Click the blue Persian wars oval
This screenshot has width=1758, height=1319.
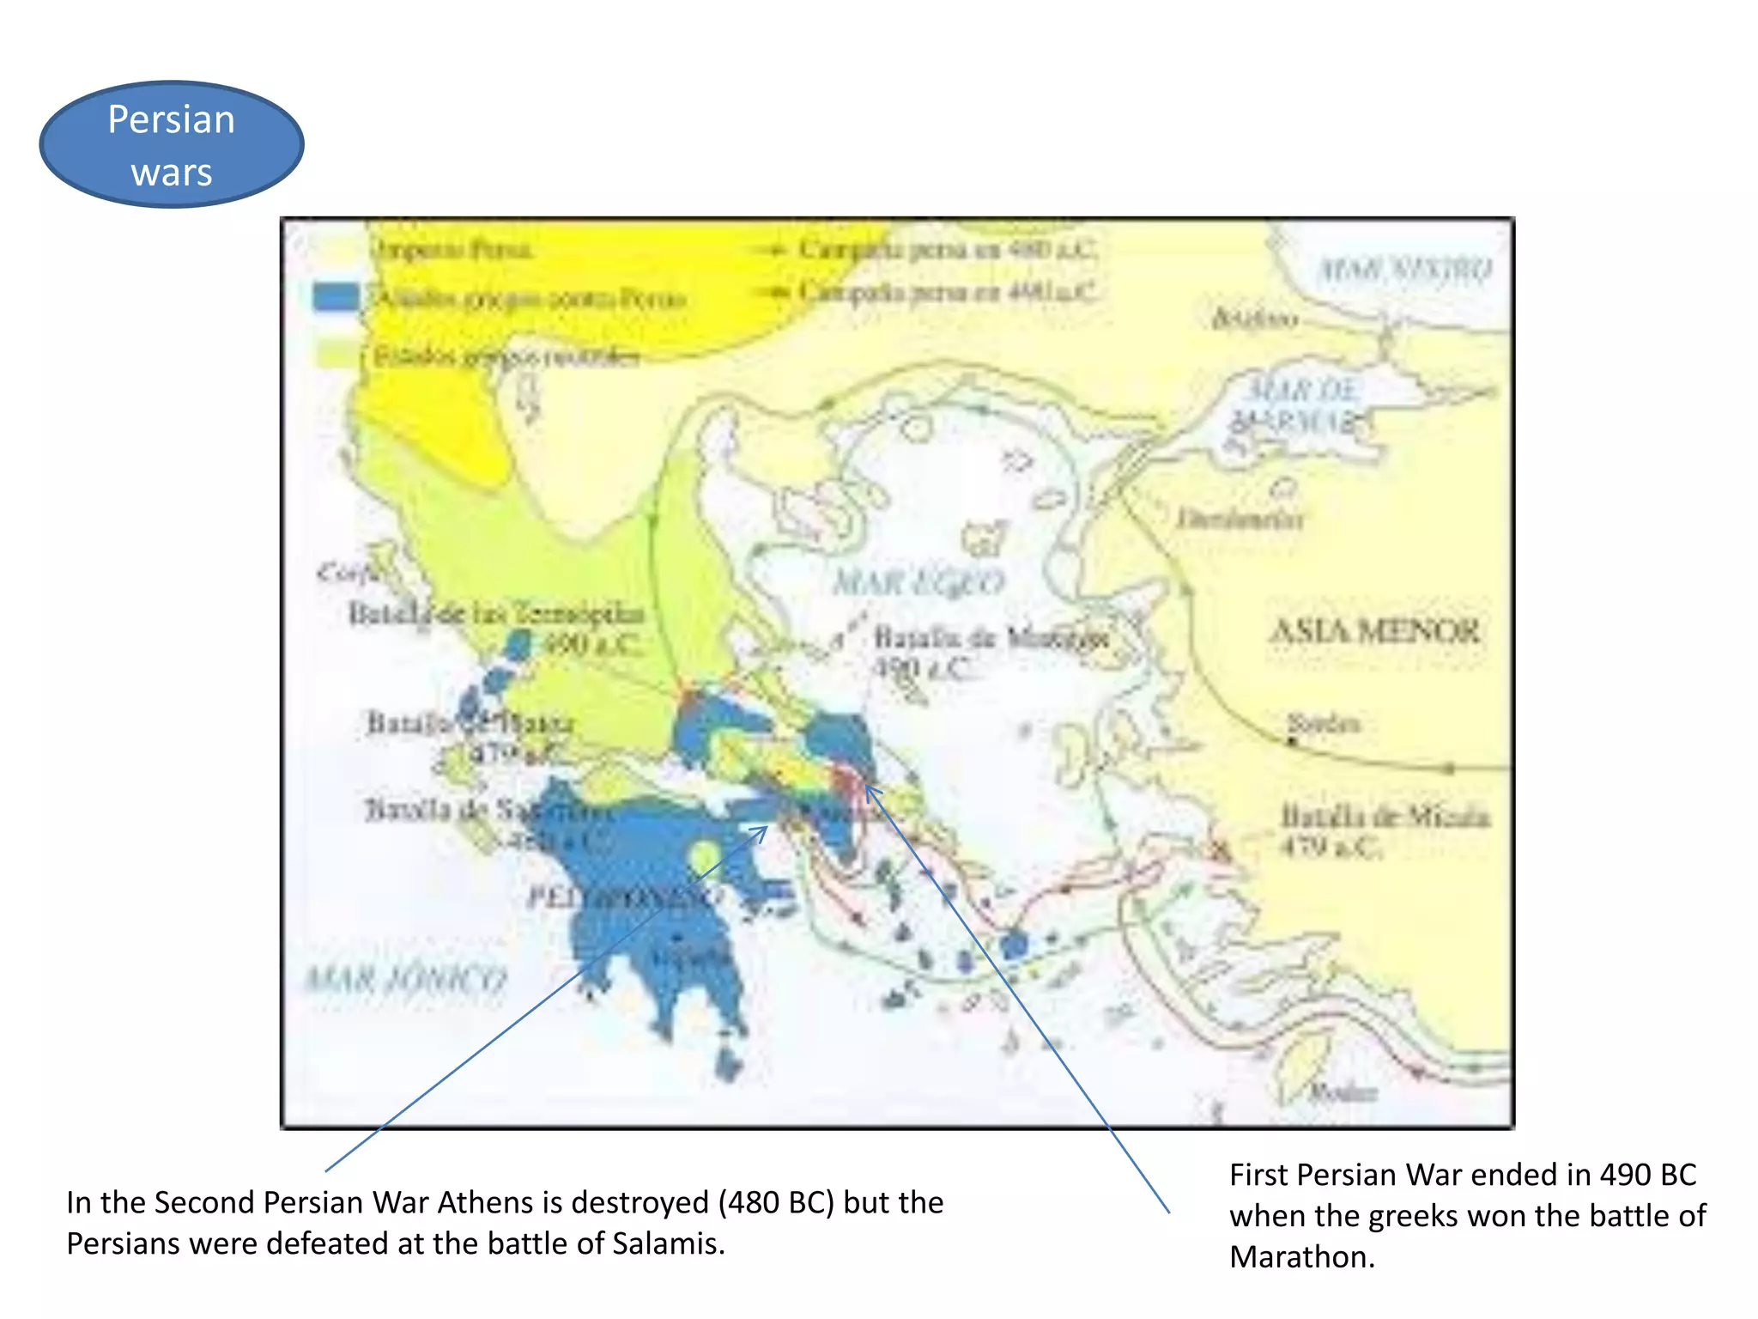172,144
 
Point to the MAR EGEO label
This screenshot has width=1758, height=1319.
918,583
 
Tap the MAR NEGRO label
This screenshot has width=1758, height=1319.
1405,270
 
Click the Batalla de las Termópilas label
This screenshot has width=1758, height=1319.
495,614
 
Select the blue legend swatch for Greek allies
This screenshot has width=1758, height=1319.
336,297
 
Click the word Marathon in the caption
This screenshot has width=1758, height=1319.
1302,1257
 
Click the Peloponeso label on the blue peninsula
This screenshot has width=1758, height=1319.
625,898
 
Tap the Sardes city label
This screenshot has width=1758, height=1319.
1323,723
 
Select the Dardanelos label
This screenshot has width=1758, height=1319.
1240,519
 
